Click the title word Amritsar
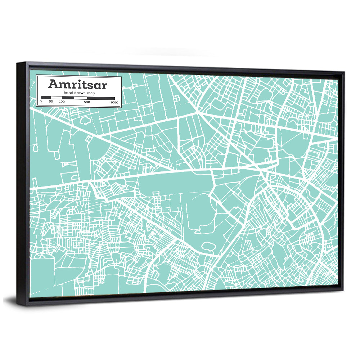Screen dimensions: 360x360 click(x=77, y=85)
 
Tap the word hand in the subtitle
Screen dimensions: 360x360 click(x=68, y=93)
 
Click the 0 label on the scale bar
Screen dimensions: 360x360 click(x=41, y=102)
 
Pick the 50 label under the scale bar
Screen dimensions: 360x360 click(x=51, y=102)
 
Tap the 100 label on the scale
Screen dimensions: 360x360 click(x=62, y=102)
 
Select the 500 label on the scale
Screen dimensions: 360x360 click(x=87, y=102)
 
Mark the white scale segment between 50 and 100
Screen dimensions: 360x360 click(x=57, y=98)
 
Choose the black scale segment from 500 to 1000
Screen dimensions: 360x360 click(x=101, y=98)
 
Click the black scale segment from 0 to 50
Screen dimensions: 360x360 click(x=46, y=97)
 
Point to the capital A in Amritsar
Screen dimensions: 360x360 click(x=53, y=84)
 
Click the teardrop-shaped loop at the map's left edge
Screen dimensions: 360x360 click(x=35, y=147)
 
